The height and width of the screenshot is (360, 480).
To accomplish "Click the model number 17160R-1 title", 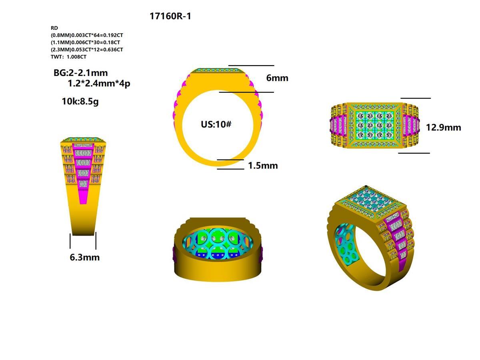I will click(173, 16).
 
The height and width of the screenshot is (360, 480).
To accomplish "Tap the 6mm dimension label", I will click(277, 78).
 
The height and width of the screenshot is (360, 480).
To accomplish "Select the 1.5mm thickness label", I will click(263, 166).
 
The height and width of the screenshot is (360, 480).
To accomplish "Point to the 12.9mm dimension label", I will click(443, 128).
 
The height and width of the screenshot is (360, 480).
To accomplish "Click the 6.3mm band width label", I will click(84, 257).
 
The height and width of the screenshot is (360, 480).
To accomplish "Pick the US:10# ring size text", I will click(216, 124).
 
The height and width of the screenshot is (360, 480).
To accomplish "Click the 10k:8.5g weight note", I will click(80, 101).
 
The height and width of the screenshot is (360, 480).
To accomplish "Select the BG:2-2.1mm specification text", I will click(80, 73).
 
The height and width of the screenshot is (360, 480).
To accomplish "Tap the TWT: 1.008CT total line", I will click(68, 57).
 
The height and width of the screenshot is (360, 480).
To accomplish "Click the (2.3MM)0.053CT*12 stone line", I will click(87, 50).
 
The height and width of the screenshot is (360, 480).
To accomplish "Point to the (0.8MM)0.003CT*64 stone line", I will click(87, 35).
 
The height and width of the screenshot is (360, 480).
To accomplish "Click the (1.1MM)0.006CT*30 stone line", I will click(85, 42).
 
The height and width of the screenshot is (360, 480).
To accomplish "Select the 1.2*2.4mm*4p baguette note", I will click(99, 84).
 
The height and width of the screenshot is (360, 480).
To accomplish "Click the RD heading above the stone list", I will click(54, 28).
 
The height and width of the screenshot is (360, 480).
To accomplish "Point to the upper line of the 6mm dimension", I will click(251, 65).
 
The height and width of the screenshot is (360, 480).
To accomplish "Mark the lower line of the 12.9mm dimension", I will click(414, 153).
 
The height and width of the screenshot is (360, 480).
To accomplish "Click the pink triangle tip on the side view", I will click(83, 202).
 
